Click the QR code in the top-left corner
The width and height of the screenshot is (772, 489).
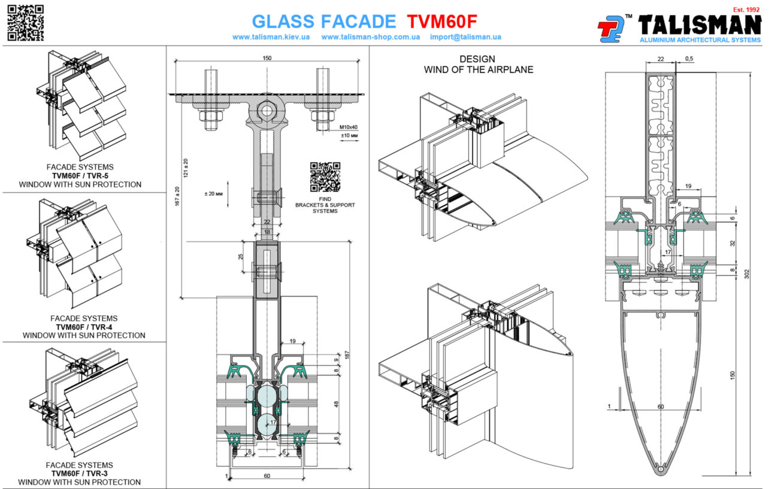[26, 23]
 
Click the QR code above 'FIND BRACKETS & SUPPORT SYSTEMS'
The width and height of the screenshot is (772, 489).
[325, 177]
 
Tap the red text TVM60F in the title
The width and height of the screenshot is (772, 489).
[442, 22]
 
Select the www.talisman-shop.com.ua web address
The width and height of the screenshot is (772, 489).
[371, 37]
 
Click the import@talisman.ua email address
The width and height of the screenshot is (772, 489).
[465, 37]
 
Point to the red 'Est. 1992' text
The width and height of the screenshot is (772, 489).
[746, 10]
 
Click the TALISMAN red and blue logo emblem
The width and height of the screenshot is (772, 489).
[611, 29]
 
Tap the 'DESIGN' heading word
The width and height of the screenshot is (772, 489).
[477, 59]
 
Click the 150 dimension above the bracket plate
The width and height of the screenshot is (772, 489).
[267, 58]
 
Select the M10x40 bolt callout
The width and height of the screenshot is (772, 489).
[349, 127]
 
